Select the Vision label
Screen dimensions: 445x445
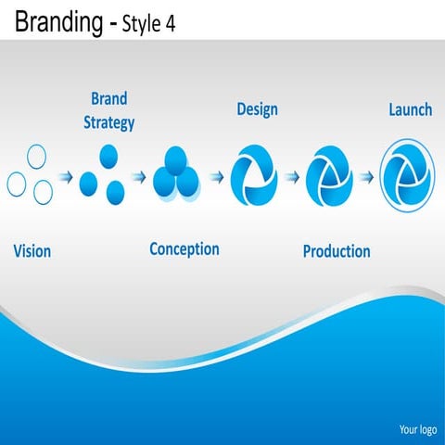point(32,250)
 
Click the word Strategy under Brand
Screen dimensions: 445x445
point(109,121)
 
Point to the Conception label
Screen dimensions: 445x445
point(184,248)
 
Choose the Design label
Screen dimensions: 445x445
point(258,109)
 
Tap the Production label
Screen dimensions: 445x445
point(337,250)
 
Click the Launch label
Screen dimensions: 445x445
point(409,109)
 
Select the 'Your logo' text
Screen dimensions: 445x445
point(417,429)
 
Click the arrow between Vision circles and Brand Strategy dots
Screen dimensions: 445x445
point(67,176)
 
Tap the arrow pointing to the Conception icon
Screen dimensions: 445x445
point(138,176)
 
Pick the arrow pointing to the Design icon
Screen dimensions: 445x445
point(216,175)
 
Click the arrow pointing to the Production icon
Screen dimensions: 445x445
point(292,175)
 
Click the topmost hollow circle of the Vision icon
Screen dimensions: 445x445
point(36,155)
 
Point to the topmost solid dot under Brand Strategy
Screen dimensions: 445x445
point(108,155)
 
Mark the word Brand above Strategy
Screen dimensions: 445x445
point(109,98)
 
